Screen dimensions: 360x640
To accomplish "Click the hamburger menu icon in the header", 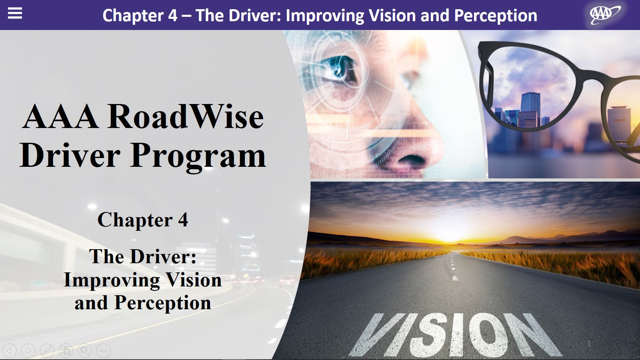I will tap(15, 14).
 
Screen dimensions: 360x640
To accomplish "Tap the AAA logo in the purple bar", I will tap(604, 14).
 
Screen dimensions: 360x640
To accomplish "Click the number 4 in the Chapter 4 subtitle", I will tap(183, 220).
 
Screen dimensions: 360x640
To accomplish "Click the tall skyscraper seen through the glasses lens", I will tap(530, 108).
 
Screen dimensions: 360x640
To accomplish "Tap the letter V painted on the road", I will tap(380, 334).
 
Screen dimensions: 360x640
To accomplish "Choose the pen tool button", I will tap(47, 351).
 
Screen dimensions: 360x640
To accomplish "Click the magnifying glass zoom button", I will tap(84, 351).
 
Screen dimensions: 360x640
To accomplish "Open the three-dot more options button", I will tap(103, 351).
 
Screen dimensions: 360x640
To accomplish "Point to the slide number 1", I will tap(589, 343).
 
